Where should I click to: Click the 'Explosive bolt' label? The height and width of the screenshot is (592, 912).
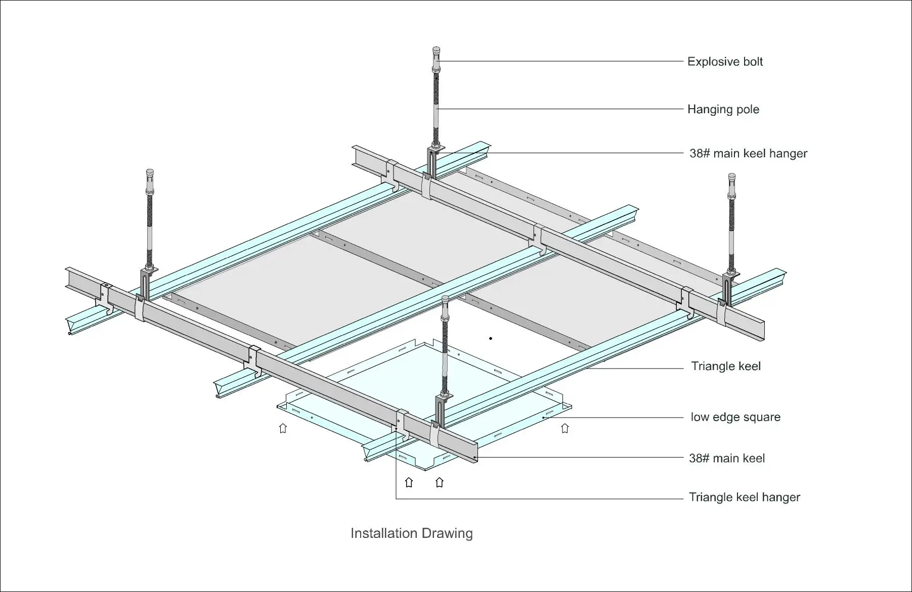click(x=724, y=62)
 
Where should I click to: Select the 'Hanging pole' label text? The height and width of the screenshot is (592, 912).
click(x=723, y=109)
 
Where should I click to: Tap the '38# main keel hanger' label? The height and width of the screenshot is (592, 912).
click(x=748, y=153)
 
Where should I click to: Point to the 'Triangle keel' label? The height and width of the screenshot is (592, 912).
click(x=725, y=366)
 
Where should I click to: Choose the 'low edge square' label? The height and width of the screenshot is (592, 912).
click(x=735, y=417)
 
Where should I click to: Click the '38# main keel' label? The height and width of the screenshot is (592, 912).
click(x=726, y=458)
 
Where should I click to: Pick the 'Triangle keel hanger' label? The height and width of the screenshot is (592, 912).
click(x=744, y=497)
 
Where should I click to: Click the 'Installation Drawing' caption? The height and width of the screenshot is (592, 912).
click(x=411, y=533)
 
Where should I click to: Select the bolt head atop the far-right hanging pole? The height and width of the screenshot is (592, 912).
click(x=731, y=179)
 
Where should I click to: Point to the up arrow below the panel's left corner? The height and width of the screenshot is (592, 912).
click(x=283, y=428)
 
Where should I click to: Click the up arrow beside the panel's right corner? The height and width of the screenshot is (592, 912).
click(x=565, y=428)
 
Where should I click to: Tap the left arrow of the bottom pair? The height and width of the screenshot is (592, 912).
click(x=409, y=482)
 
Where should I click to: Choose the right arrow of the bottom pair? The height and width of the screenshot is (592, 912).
click(x=440, y=482)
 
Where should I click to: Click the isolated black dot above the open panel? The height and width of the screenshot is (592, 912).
click(x=491, y=338)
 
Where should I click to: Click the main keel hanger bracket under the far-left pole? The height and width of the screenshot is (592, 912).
click(x=146, y=286)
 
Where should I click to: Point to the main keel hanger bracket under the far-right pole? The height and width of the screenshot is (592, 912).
click(x=727, y=291)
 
